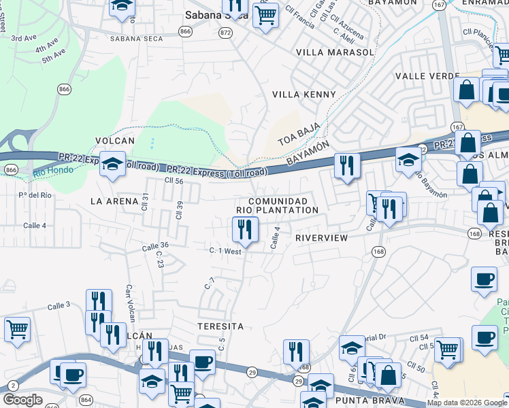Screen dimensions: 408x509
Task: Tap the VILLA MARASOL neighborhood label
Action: tap(335, 52)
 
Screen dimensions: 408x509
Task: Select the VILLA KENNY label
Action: tap(304, 95)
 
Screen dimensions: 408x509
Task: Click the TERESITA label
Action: tap(220, 326)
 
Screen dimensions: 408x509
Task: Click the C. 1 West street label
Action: tap(226, 251)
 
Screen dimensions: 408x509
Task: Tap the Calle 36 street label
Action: tap(155, 245)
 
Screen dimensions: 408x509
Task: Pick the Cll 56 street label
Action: tap(174, 181)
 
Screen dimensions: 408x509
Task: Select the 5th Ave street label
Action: tap(52, 54)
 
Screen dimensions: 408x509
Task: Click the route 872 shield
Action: tap(226, 33)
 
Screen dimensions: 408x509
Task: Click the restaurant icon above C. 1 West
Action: tap(246, 230)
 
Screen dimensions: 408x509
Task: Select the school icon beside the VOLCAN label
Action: tap(112, 164)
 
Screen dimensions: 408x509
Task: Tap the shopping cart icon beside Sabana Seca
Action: tap(265, 14)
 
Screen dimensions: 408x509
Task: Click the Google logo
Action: tap(22, 401)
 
